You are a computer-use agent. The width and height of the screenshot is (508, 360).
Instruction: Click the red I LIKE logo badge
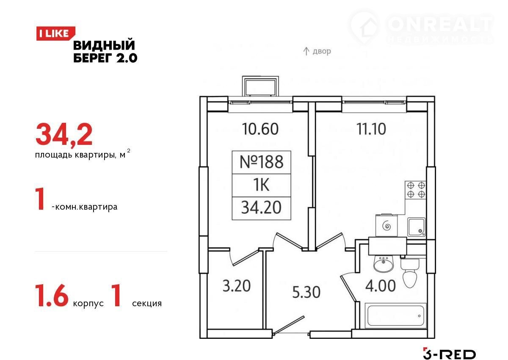[55, 33]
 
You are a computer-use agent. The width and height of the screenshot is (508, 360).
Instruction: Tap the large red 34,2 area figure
[64, 135]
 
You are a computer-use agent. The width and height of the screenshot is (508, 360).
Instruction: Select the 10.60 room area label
[260, 129]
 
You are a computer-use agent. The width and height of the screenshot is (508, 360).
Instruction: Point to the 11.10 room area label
[371, 129]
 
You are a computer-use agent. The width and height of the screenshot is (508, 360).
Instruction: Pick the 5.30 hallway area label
[306, 292]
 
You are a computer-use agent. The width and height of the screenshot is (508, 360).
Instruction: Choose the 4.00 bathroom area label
[380, 285]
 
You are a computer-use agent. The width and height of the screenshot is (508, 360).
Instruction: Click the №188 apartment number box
[262, 162]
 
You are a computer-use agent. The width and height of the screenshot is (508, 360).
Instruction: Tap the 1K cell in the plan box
[262, 186]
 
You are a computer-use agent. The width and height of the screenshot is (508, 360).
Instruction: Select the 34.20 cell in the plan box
[262, 208]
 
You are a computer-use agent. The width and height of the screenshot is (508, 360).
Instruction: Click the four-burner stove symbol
[415, 190]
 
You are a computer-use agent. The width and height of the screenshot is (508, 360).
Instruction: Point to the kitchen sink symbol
[417, 227]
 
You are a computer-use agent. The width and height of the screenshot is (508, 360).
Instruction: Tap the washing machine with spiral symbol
[387, 226]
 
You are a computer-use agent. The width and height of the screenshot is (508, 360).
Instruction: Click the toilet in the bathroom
[410, 273]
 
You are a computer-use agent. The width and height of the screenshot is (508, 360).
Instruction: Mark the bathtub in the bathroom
[395, 316]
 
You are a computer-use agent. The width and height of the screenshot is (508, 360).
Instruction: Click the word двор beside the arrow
[322, 51]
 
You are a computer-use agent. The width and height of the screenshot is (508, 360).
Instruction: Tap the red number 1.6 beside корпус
[52, 296]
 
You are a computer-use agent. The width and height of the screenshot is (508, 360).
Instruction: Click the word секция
[147, 303]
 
